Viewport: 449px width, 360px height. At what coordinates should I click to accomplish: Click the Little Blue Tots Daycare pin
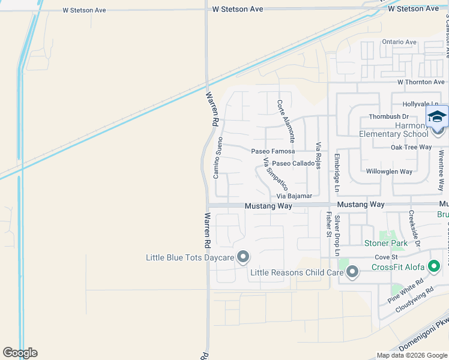coord(243,257)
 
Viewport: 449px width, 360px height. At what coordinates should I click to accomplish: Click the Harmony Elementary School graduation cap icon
coord(437,116)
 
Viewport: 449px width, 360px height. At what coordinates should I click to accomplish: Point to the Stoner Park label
coord(386,243)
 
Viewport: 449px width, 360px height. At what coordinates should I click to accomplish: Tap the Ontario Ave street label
coord(399,42)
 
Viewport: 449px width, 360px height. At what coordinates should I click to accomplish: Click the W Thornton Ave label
coord(421,82)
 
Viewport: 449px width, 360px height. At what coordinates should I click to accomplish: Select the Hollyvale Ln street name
coord(418,104)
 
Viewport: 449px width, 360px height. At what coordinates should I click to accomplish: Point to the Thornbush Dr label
coord(388,116)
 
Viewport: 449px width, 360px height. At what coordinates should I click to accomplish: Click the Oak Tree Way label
coord(411,147)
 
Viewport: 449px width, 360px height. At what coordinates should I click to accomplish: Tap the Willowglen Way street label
coord(389,172)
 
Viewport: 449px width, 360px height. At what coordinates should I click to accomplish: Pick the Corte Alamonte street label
coord(286,120)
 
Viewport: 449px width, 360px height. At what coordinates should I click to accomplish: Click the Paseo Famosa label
coord(273,151)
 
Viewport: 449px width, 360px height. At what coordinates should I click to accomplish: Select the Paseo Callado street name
coord(293,163)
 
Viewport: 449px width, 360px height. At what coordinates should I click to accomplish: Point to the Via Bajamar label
coord(294,196)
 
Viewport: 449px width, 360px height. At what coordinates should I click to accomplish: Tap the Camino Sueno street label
coord(218,153)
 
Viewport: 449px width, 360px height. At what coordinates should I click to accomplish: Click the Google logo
coord(20,353)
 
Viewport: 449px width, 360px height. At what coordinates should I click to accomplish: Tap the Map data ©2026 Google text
coord(411,355)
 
